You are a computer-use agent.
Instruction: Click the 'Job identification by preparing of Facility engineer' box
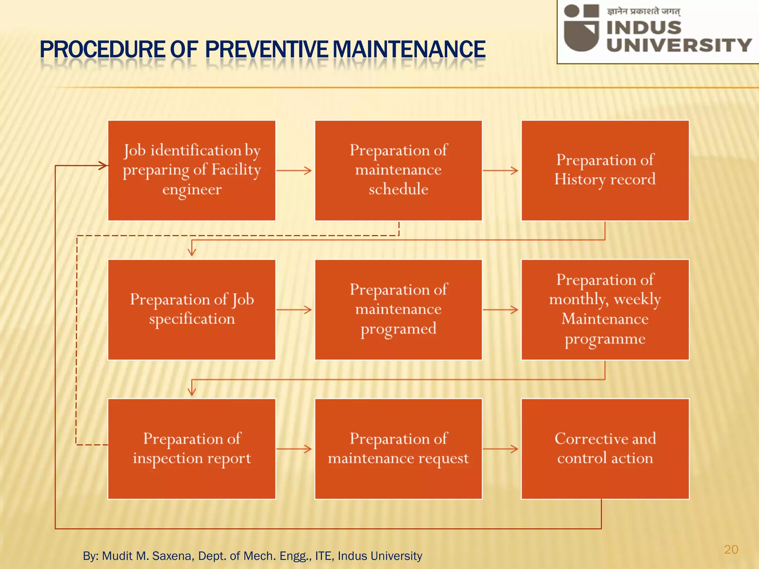pyautogui.click(x=192, y=170)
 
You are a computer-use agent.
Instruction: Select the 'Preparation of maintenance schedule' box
pyautogui.click(x=398, y=170)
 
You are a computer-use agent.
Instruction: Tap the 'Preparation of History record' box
pyautogui.click(x=605, y=170)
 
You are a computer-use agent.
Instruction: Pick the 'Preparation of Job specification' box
pyautogui.click(x=192, y=310)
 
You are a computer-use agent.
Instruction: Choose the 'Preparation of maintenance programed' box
pyautogui.click(x=398, y=310)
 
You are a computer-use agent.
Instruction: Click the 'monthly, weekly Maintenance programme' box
pyautogui.click(x=605, y=310)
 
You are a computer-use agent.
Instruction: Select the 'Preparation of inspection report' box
pyautogui.click(x=192, y=449)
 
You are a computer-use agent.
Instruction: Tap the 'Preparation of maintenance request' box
pyautogui.click(x=398, y=449)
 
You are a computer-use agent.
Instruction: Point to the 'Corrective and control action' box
pyautogui.click(x=605, y=449)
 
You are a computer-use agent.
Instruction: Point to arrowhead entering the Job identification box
pyautogui.click(x=103, y=166)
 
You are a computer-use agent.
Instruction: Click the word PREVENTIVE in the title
pyautogui.click(x=266, y=50)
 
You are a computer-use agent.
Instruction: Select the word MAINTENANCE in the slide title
pyautogui.click(x=409, y=50)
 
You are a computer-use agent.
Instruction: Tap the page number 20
pyautogui.click(x=731, y=549)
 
